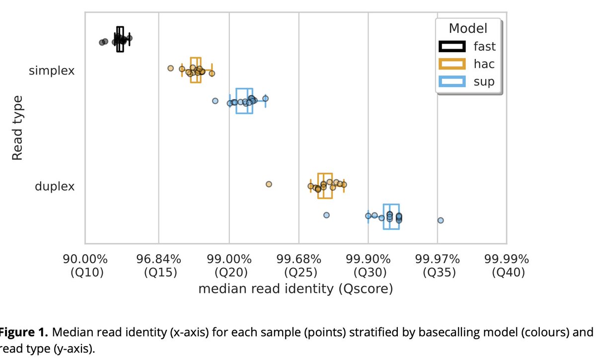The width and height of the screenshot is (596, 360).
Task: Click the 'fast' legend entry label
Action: [x=484, y=47]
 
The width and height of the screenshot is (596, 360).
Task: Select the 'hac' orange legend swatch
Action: [x=451, y=64]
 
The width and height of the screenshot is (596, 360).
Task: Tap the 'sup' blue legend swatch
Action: [x=451, y=81]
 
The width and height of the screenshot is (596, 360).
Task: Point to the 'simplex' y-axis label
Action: [x=52, y=71]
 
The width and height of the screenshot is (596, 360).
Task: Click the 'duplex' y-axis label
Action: [x=55, y=187]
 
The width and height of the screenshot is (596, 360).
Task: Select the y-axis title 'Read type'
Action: [x=17, y=128]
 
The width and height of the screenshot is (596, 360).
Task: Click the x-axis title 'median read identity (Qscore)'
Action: [x=296, y=289]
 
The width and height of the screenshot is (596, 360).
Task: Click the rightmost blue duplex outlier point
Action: [x=441, y=220]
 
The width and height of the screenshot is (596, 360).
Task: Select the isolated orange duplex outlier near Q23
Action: [x=269, y=184]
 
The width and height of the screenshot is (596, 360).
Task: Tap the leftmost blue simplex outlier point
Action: [x=215, y=100]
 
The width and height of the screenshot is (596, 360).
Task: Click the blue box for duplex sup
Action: [x=391, y=216]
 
